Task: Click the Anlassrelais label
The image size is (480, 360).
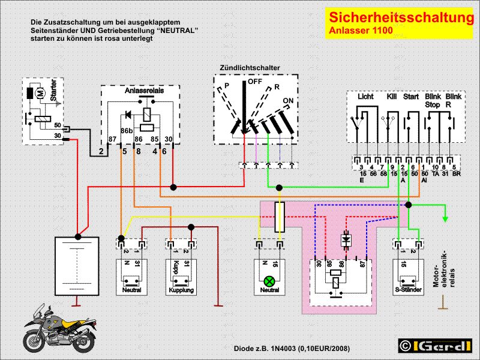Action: pyautogui.click(x=141, y=91)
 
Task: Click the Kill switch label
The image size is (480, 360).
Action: pyautogui.click(x=392, y=97)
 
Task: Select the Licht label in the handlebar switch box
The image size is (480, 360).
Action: pyautogui.click(x=365, y=97)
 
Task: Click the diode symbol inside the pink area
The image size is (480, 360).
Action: pyautogui.click(x=346, y=239)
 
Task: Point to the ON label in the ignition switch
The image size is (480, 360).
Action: pyautogui.click(x=288, y=100)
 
